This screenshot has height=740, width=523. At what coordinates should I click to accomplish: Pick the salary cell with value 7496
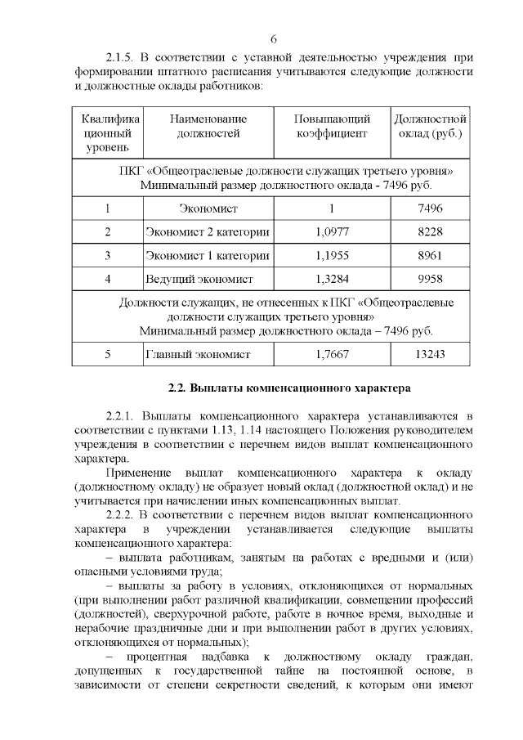coord(430,209)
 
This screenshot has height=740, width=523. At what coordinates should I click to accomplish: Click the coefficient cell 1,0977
coord(332,232)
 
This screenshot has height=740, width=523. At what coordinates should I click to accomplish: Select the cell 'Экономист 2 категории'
coord(207,232)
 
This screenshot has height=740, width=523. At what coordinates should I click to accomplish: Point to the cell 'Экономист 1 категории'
coord(207,256)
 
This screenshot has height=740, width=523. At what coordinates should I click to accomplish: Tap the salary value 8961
coord(430,256)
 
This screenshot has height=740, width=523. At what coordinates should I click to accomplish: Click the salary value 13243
coord(430,354)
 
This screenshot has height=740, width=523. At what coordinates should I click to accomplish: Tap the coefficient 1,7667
coord(332,354)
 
